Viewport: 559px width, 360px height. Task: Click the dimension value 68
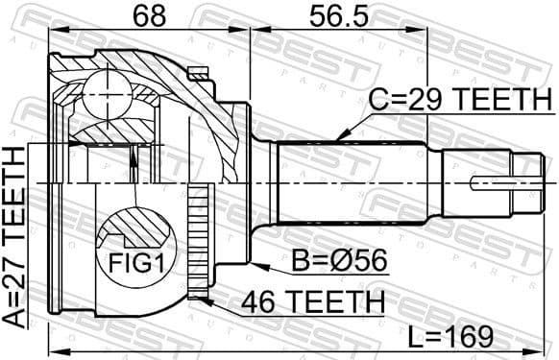click(x=148, y=15)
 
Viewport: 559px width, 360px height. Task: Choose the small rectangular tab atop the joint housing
click(x=199, y=71)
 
